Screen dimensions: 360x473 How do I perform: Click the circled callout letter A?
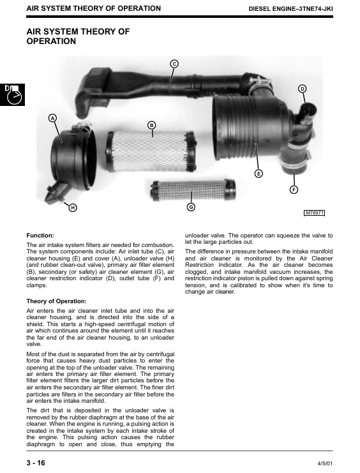point(52,118)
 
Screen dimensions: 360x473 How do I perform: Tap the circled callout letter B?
point(151,125)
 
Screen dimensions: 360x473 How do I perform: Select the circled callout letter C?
point(174,64)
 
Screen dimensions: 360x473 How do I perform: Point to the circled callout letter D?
point(302,89)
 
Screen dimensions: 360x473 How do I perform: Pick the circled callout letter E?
point(259,174)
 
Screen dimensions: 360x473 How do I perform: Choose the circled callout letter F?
point(294,190)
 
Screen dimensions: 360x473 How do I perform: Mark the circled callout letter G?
point(191,207)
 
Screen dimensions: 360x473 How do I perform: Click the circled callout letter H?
point(73,207)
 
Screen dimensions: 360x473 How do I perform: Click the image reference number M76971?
point(314,213)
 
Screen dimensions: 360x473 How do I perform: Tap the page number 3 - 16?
point(36,463)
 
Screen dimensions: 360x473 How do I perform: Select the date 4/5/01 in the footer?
point(325,463)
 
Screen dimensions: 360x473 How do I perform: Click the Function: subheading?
point(40,236)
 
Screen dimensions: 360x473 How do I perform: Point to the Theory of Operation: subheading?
point(56,301)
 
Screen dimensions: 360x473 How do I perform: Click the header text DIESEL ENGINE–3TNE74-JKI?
point(290,9)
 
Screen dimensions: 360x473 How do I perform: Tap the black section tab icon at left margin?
point(12,94)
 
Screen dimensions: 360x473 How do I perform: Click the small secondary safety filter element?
point(193,190)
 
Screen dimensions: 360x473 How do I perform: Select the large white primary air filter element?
point(151,151)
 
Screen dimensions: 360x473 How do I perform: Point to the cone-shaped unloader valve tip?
point(52,195)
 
